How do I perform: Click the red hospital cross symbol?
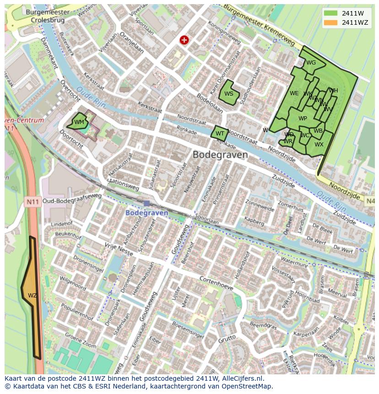pos(184,40)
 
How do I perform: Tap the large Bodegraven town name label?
pos(220,155)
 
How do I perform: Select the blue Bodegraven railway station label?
pos(147,213)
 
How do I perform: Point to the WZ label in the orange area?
pos(32,296)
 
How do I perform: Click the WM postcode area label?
pos(79,122)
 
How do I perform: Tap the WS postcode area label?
pos(229,94)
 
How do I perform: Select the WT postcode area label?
pos(220,134)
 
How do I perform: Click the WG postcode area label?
pos(311,63)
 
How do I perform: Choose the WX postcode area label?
pos(319,145)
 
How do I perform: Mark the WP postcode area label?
pos(303,119)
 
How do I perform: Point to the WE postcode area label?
pos(294,93)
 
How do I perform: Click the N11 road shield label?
pos(32,201)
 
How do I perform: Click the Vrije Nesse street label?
pos(119,249)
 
